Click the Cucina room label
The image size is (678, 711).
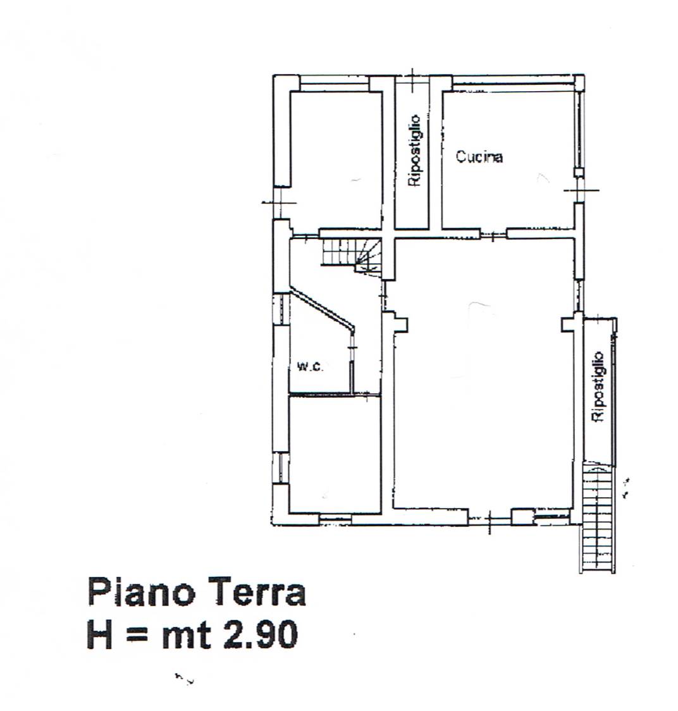click(479, 156)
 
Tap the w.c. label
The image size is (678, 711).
click(310, 366)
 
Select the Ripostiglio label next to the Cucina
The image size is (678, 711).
click(414, 151)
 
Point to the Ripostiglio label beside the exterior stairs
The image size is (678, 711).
click(599, 386)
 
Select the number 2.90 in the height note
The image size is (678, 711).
click(259, 634)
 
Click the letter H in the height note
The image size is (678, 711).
click(99, 634)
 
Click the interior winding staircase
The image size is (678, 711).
click(351, 256)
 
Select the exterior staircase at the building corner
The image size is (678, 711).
click(598, 517)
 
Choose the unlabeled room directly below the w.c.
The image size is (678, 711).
click(335, 454)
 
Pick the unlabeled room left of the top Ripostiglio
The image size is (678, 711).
click(336, 159)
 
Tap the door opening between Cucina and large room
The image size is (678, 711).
click(493, 234)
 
